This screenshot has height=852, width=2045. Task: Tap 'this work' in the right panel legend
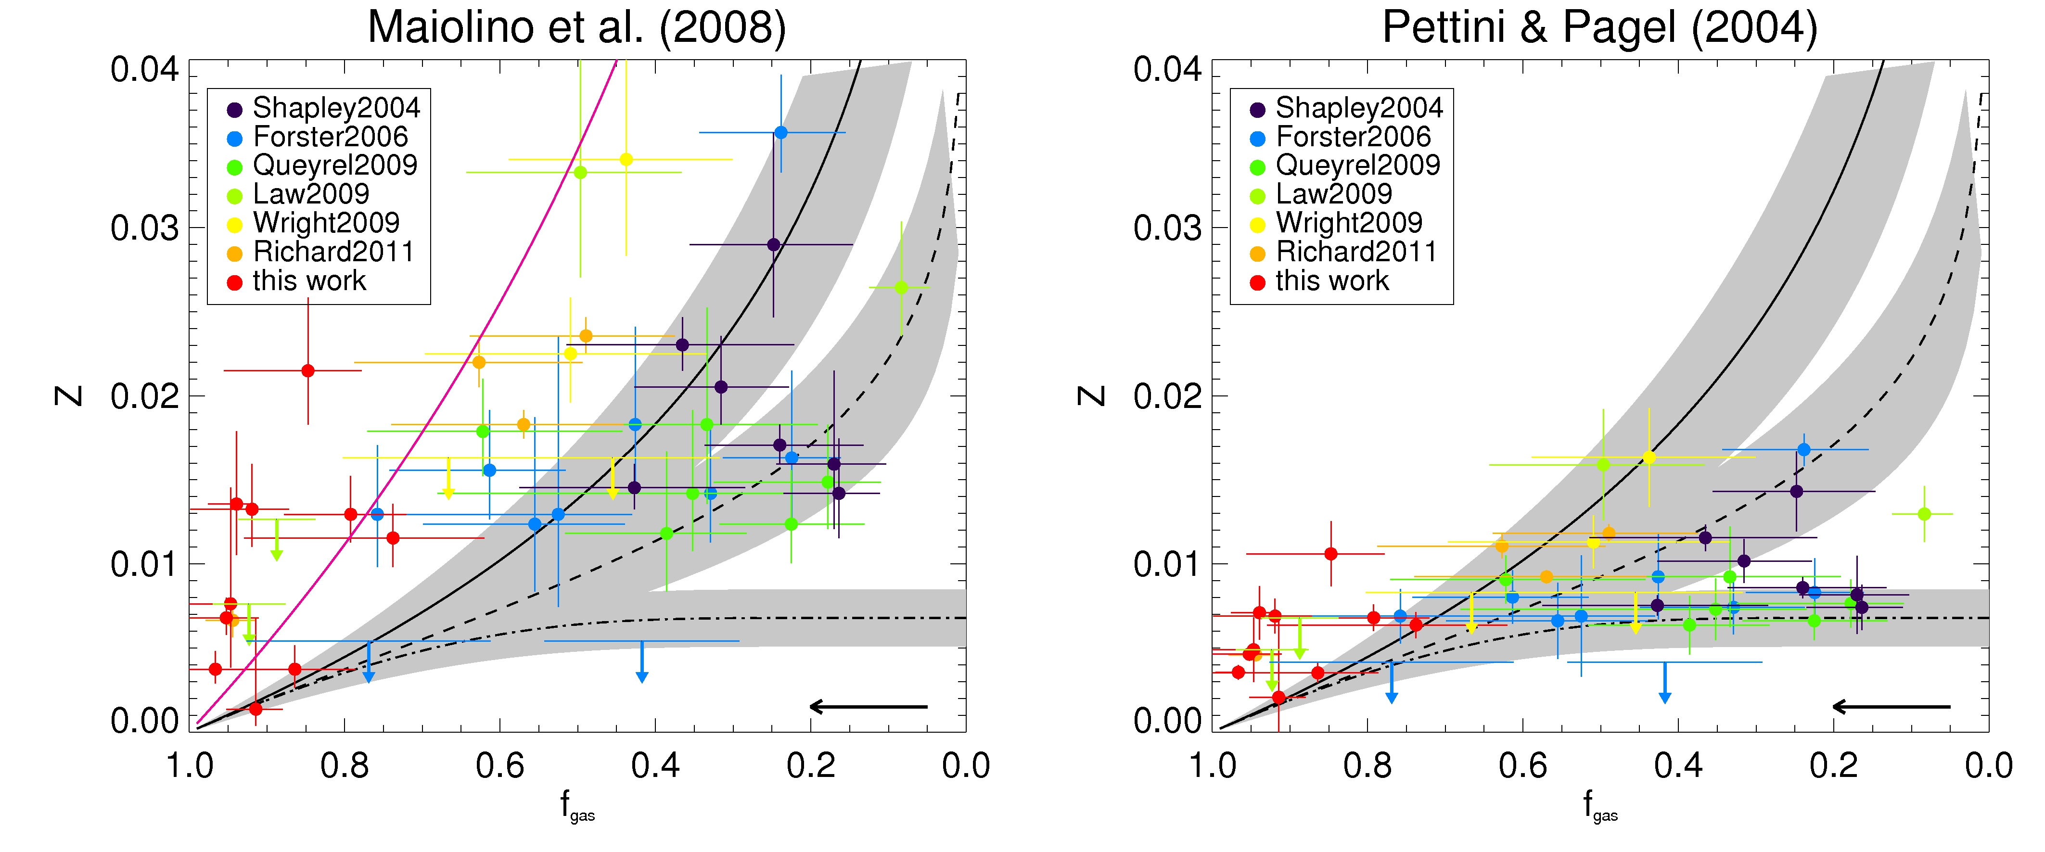tap(1331, 281)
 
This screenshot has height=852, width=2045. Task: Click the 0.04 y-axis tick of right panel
tap(1167, 70)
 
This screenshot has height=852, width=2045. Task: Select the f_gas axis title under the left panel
tap(577, 805)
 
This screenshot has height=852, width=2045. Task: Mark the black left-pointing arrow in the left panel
tap(868, 706)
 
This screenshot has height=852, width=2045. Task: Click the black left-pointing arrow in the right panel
tap(1890, 706)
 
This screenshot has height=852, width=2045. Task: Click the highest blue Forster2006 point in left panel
tap(780, 133)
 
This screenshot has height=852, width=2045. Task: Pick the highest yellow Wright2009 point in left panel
tap(626, 160)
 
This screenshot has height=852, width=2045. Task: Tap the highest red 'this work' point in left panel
tap(308, 371)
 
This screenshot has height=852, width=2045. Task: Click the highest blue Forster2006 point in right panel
tap(1803, 449)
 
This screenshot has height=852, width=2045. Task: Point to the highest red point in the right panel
tap(1330, 553)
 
